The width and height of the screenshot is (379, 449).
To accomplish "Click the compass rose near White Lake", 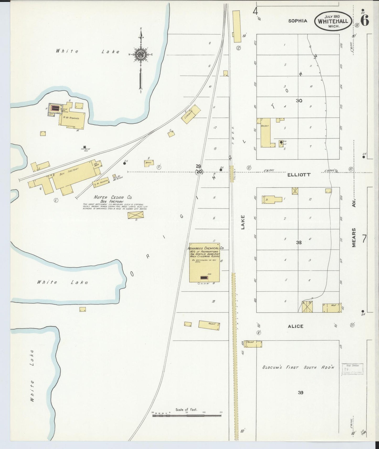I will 141,55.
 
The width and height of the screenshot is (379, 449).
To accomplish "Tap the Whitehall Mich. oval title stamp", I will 333,21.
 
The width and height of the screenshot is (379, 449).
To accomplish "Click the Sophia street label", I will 298,21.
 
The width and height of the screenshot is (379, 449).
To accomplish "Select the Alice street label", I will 296,326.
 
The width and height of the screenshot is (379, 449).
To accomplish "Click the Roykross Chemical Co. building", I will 205,263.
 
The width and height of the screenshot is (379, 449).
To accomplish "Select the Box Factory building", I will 73,175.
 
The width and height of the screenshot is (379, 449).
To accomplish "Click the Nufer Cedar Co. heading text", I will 113,197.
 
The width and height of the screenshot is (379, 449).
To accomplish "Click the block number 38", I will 299,243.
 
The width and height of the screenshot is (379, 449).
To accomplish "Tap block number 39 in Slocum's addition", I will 301,393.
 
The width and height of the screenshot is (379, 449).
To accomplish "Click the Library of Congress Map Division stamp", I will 353,369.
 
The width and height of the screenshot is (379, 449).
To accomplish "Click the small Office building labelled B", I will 149,163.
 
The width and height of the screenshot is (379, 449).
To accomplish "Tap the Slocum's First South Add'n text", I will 298,367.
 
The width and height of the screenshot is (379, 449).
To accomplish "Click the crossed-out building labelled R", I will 136,215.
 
